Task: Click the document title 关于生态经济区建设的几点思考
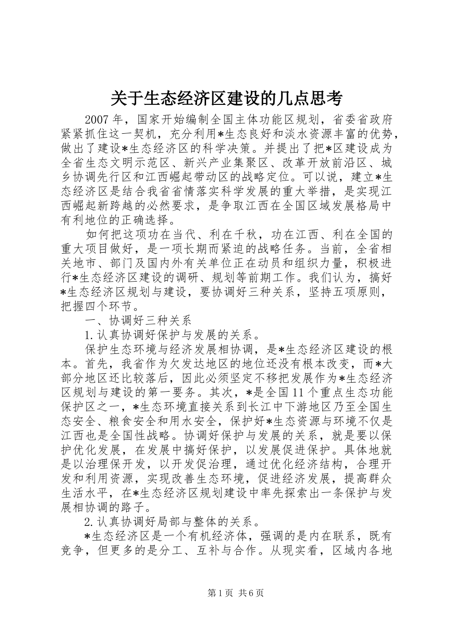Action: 225,99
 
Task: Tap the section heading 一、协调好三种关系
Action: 138,321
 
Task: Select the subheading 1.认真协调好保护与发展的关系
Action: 170,335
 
